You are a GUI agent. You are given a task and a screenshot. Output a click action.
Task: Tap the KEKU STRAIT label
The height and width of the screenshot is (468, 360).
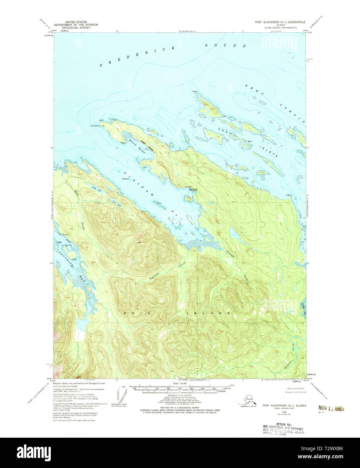[x=274, y=102]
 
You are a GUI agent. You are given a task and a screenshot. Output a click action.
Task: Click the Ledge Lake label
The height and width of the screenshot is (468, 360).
[x=96, y=189]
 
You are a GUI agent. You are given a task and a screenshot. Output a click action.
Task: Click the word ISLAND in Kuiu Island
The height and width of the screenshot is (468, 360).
[x=209, y=313]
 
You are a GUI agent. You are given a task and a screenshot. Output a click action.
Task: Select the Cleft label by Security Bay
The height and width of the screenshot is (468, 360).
[x=59, y=241]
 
